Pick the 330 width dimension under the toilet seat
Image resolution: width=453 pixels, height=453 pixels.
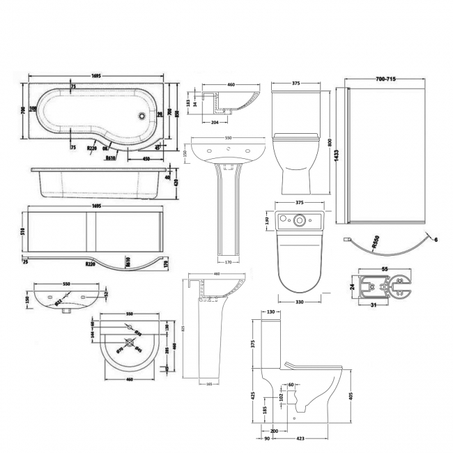(298, 302)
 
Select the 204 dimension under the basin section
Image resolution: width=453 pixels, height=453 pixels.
(215, 121)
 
